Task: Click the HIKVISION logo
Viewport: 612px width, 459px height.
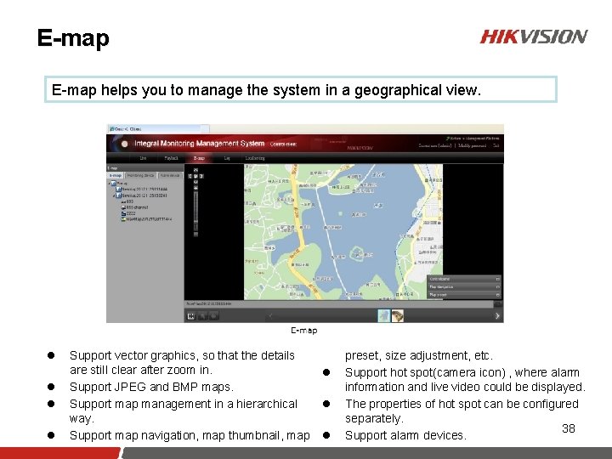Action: click(x=533, y=37)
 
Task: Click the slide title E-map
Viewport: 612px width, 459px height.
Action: click(x=73, y=38)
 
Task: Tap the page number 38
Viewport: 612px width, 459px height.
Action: click(x=569, y=428)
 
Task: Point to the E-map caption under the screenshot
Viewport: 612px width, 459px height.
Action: click(x=303, y=331)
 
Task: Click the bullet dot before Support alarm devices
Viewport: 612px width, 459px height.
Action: click(x=325, y=435)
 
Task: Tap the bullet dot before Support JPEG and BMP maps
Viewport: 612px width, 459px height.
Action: click(x=52, y=388)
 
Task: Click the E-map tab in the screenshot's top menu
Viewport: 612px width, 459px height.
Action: click(x=199, y=158)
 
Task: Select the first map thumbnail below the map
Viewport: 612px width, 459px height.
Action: click(x=383, y=315)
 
